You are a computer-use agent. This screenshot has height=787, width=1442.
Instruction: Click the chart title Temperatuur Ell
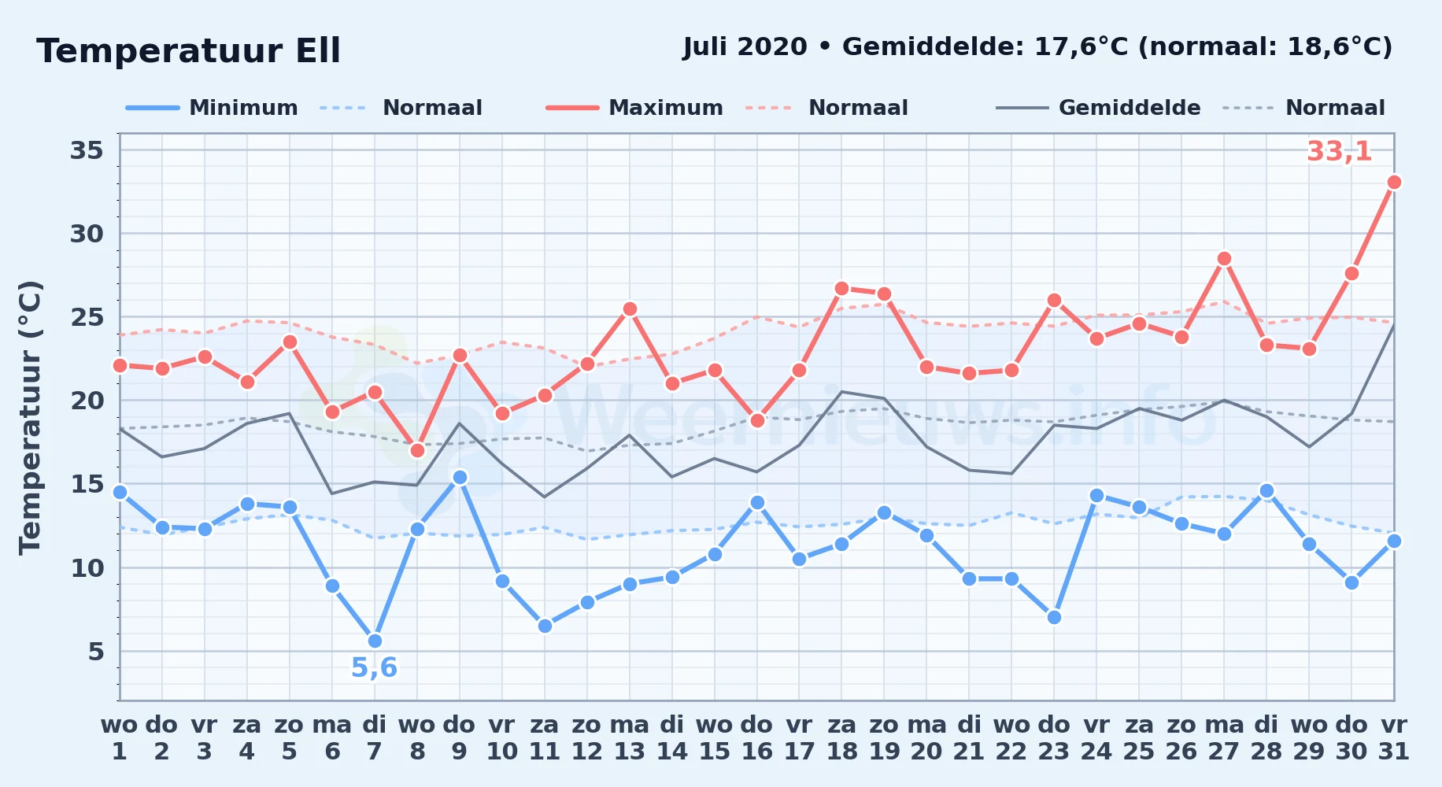click(188, 51)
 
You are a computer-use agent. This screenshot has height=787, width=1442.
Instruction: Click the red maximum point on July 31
click(1394, 183)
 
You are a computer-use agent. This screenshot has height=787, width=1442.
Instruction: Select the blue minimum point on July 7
click(375, 641)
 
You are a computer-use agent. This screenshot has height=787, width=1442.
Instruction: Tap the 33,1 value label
click(1339, 151)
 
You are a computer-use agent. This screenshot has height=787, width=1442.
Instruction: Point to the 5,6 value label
click(374, 668)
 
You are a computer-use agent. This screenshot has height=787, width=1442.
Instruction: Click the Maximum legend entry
click(634, 108)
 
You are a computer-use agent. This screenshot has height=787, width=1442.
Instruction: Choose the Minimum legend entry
click(212, 108)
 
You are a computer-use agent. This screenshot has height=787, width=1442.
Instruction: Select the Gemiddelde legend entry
click(1098, 108)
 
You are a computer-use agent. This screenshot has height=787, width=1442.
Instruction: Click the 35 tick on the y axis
click(87, 150)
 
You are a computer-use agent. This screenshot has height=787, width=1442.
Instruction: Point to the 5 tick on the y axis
click(96, 652)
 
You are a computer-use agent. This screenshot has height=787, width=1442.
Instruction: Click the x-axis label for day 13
click(629, 738)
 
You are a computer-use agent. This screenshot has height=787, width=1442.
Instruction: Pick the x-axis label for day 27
click(1224, 738)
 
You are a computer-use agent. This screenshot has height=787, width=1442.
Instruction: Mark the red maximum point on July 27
click(1224, 259)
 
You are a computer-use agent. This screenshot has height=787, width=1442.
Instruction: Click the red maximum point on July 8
click(417, 450)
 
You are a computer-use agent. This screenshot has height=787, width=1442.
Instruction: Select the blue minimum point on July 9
click(460, 478)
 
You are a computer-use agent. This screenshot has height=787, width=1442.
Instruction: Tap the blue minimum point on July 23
click(1054, 618)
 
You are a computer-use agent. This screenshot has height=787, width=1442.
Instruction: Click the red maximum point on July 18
click(841, 289)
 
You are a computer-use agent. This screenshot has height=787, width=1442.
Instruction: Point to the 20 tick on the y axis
click(87, 401)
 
